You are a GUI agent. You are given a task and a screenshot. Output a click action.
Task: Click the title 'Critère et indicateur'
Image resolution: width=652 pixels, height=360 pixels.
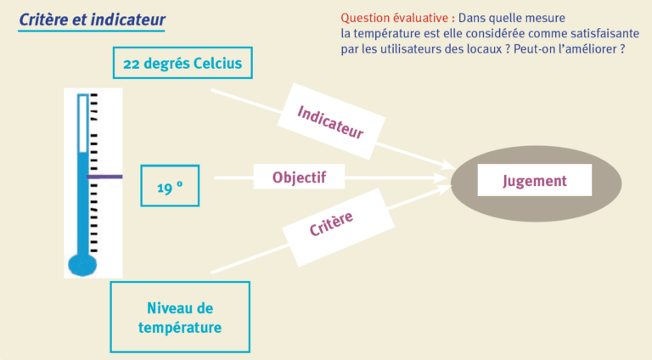[x=92, y=20]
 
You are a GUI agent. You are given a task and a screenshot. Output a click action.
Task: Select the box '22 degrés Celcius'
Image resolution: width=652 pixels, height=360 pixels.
[x=183, y=63]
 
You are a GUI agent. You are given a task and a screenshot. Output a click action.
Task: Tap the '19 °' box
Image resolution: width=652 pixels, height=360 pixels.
[x=170, y=185]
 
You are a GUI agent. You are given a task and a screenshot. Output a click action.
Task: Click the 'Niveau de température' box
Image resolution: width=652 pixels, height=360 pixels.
[x=180, y=318]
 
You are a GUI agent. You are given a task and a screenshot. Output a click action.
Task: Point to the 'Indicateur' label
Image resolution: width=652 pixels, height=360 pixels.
[x=331, y=121]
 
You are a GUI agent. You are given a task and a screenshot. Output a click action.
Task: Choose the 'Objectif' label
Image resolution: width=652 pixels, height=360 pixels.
[x=299, y=177]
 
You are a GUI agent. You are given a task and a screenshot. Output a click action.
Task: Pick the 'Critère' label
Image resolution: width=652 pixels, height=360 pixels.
[x=338, y=228]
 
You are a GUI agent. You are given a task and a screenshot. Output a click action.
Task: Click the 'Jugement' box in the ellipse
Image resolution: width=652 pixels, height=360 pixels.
[x=534, y=180]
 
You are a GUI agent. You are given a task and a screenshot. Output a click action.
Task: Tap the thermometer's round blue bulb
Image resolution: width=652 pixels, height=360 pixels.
[x=82, y=265]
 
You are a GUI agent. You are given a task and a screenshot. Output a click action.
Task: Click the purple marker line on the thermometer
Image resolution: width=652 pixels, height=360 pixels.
[x=104, y=177]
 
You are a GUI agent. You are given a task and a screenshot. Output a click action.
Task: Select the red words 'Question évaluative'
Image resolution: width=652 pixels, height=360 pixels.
[x=395, y=18]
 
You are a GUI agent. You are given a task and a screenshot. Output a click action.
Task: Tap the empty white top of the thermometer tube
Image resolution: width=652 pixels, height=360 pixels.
[x=82, y=124]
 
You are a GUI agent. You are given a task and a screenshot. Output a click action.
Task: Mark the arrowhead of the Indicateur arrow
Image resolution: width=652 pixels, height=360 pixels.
[x=448, y=165]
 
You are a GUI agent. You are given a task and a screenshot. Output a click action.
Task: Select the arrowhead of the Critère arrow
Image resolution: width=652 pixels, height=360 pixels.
[x=443, y=190]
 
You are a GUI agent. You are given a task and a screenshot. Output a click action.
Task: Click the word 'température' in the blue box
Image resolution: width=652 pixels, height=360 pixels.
[x=180, y=328]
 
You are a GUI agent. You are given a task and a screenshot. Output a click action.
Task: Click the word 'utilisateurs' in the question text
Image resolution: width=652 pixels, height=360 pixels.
[x=397, y=49]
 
